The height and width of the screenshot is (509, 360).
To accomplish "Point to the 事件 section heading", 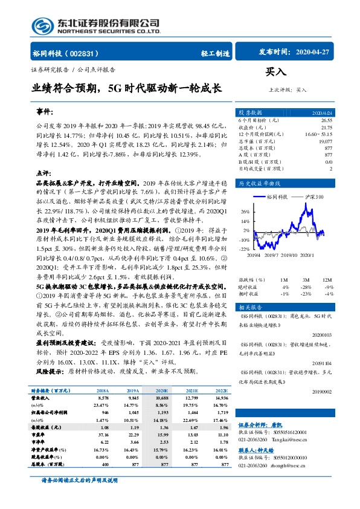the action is (45, 112).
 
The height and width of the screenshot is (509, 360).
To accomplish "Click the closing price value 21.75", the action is (327, 128).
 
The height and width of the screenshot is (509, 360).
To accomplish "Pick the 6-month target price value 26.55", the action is (327, 121).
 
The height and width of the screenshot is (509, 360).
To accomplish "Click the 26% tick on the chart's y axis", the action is (245, 212).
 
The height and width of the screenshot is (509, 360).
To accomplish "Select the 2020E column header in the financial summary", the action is (162, 391).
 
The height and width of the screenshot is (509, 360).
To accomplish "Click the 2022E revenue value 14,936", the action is (222, 398).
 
